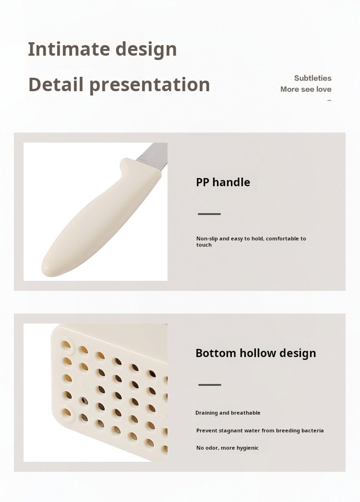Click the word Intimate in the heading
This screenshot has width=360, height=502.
coord(69,49)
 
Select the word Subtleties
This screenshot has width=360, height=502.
coord(312,78)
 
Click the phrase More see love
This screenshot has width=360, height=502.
coord(306,89)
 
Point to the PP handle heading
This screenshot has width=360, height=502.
coord(223,182)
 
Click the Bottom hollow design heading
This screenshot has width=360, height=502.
coord(255,353)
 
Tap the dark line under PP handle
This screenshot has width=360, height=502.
coord(209,214)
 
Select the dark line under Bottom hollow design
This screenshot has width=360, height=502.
coord(209,385)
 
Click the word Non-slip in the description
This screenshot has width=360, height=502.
coord(207,239)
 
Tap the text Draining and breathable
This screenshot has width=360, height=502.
coord(228,413)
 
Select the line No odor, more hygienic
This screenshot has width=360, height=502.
coord(228,448)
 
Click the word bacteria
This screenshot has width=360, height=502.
coord(312,430)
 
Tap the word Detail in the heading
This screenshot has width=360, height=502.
coord(56,84)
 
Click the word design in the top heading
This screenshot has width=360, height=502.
coord(146,49)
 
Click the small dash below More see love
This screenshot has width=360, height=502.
coord(329,100)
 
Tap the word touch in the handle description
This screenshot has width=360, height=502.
coord(204,245)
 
